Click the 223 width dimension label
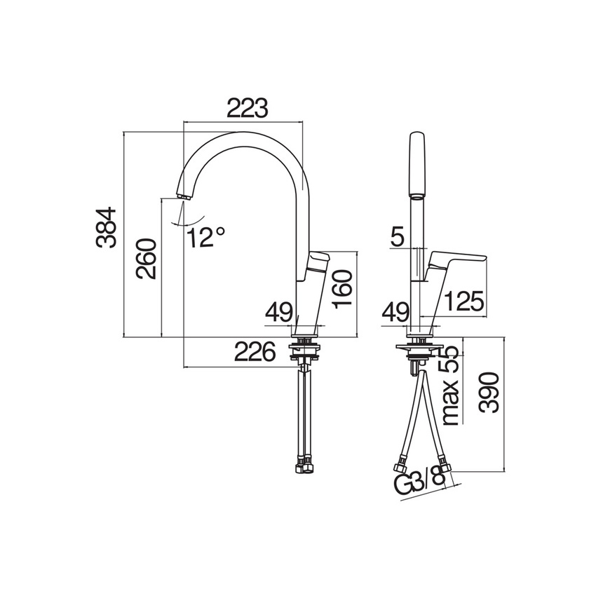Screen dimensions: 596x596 click(248, 108)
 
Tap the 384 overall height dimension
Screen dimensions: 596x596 click(106, 228)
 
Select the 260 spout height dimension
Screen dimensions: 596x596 click(147, 259)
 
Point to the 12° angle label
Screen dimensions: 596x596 click(206, 238)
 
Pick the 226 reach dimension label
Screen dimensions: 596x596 click(255, 351)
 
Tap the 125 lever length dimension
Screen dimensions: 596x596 click(464, 302)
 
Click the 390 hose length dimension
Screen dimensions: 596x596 click(489, 393)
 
